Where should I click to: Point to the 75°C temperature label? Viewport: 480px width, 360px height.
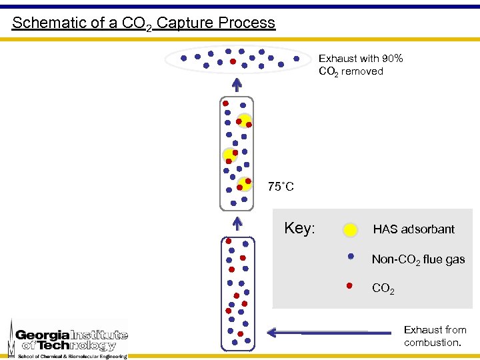pos(281,187)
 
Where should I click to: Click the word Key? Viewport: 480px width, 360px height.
pos(299,229)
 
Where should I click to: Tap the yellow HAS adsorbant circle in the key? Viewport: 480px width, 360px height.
pos(350,231)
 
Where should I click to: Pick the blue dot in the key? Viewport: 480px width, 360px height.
pos(350,255)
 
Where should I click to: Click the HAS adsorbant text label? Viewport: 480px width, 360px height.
pos(413,229)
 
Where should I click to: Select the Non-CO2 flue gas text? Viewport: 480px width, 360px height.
pos(418,259)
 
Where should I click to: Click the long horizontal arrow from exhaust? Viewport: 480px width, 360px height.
pos(330,331)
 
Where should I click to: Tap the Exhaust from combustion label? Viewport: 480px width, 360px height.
pos(435,336)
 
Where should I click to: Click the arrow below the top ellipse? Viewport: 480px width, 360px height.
pos(237,85)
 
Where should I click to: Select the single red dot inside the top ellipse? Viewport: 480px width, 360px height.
pos(233,61)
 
